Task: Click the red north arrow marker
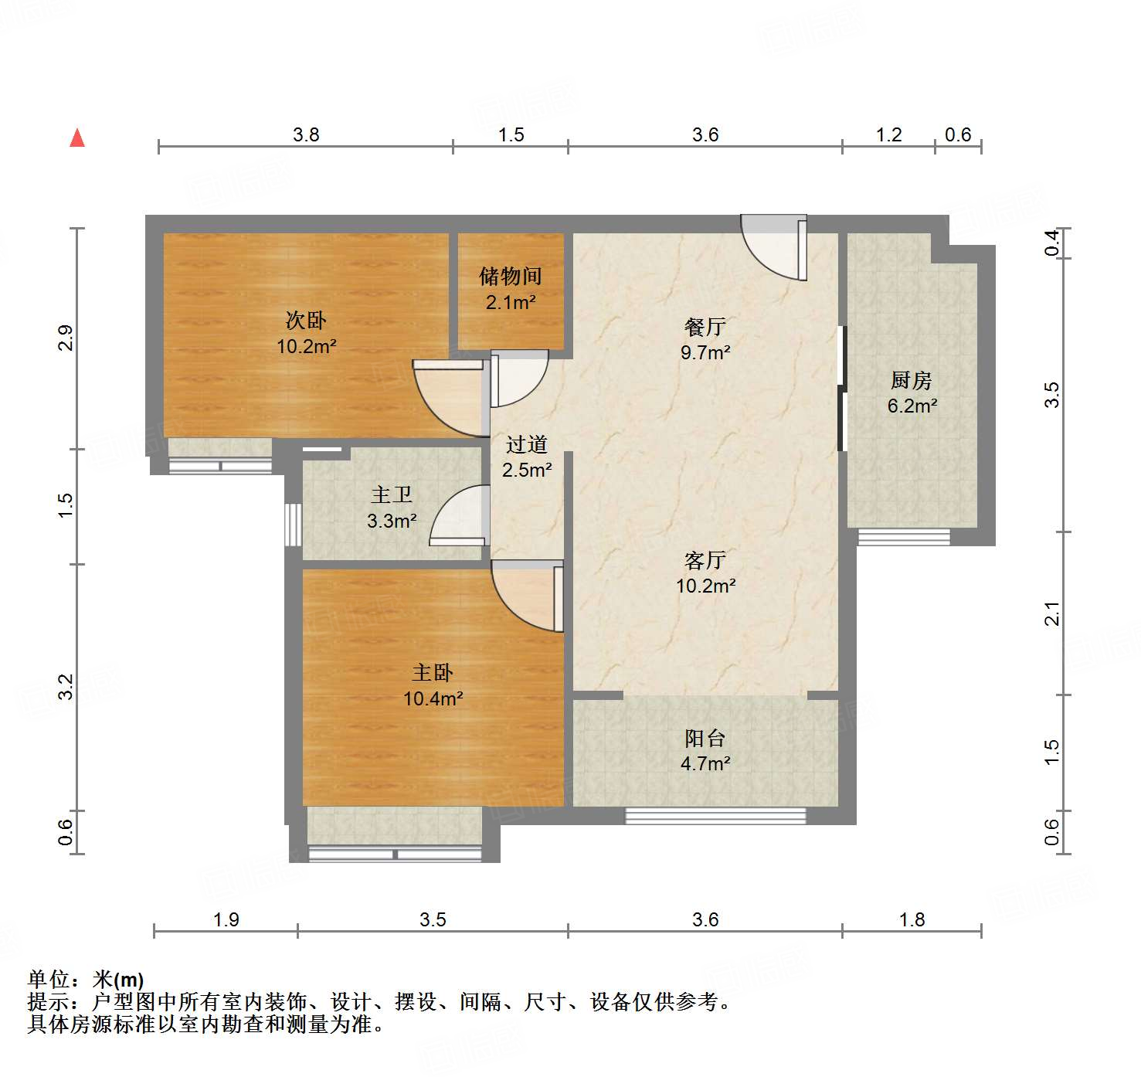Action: point(77,138)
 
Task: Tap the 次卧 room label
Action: point(306,320)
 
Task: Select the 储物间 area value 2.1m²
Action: point(511,302)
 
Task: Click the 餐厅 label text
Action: point(705,327)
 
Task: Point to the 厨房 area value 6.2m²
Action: point(912,406)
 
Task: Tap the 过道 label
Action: point(527,444)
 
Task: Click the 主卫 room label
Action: point(392,494)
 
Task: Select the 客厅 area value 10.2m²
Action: point(705,586)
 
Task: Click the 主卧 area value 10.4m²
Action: point(433,698)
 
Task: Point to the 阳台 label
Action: point(705,738)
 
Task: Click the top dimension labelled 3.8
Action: point(306,135)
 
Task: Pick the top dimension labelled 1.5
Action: point(511,135)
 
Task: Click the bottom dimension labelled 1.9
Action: point(226,919)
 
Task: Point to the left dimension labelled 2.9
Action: point(66,338)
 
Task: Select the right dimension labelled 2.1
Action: point(1052,613)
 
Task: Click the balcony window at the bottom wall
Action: point(715,816)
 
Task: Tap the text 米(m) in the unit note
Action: point(118,980)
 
